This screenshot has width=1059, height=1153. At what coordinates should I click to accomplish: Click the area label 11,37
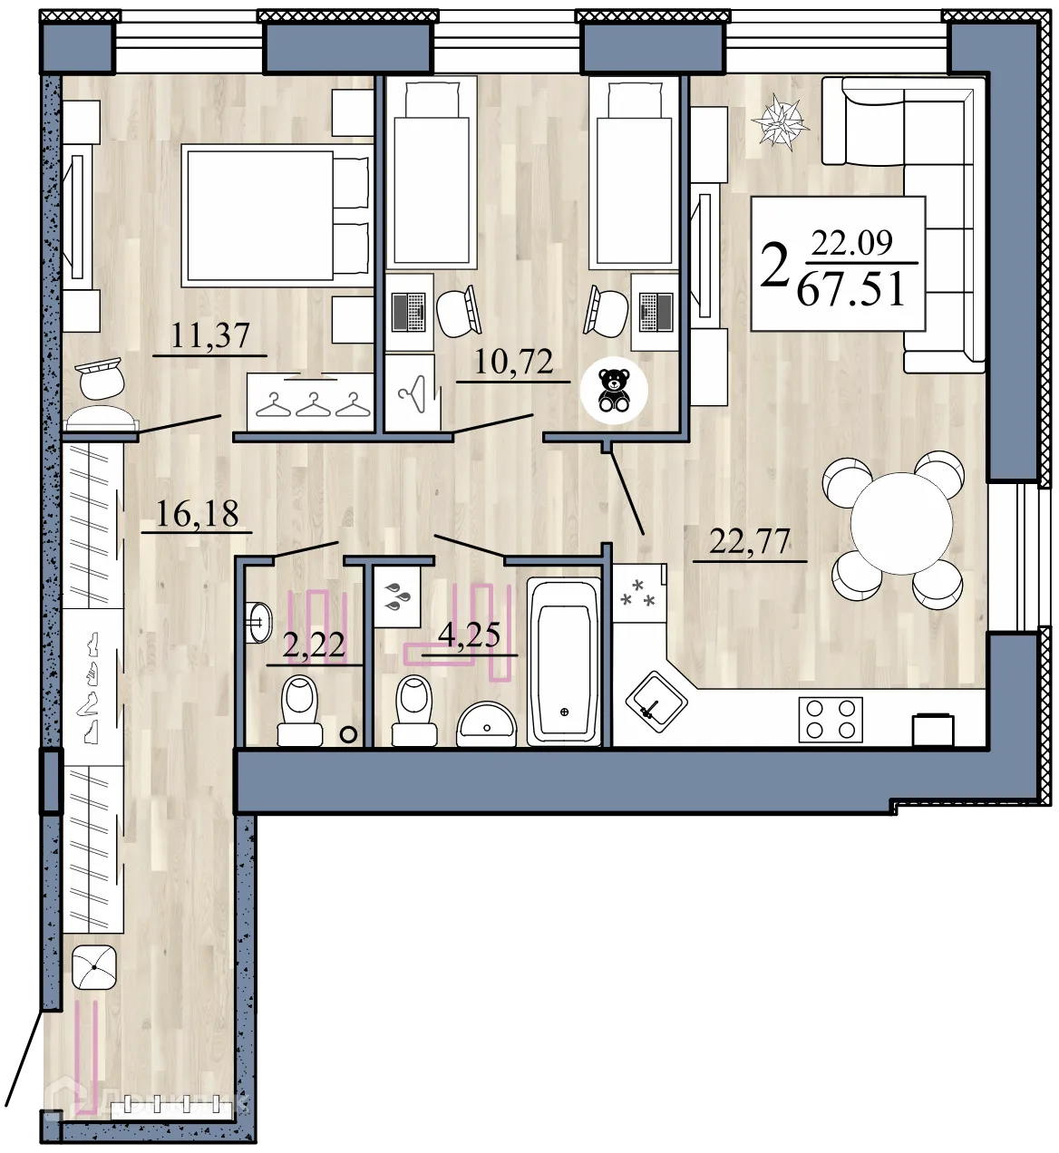210,336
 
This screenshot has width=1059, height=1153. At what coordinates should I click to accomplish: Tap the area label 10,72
514,363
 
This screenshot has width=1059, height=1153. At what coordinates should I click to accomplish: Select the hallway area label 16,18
197,514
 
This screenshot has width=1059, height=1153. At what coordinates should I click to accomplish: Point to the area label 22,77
750,542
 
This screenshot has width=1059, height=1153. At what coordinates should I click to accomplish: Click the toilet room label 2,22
314,646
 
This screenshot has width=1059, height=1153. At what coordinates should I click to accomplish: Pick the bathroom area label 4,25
469,635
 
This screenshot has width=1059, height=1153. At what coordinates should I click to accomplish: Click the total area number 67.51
851,289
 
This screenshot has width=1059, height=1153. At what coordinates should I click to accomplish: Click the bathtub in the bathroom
564,661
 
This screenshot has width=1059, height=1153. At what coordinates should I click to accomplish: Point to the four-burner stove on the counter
830,718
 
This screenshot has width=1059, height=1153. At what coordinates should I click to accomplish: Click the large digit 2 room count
774,266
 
